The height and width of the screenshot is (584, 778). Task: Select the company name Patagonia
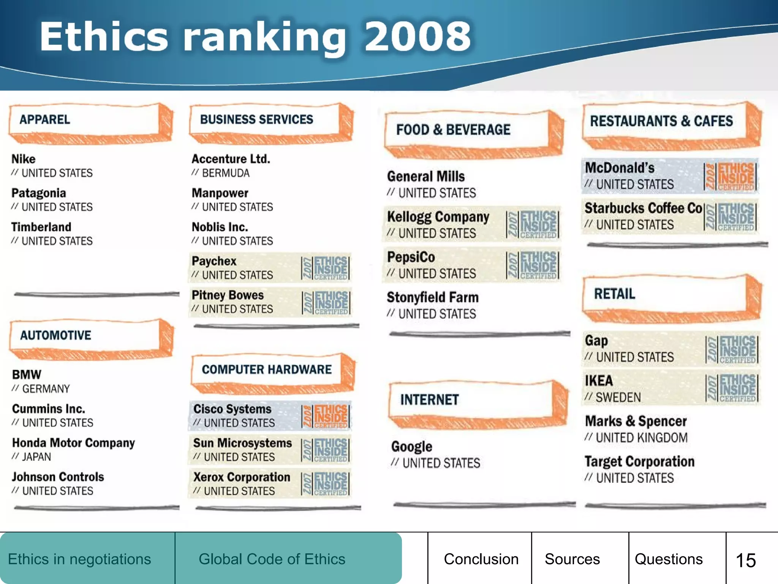click(39, 193)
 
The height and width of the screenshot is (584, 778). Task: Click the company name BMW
click(27, 375)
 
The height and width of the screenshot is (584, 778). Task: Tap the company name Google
click(412, 447)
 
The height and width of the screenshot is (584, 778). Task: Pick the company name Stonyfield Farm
click(433, 298)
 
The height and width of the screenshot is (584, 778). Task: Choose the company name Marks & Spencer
click(636, 421)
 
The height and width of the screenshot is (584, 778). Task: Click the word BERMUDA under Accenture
click(226, 173)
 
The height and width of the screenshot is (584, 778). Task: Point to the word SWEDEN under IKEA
click(618, 398)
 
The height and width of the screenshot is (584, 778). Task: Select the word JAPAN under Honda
click(36, 457)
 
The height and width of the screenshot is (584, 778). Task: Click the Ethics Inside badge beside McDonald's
click(730, 176)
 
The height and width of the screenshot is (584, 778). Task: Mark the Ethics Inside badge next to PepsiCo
click(533, 265)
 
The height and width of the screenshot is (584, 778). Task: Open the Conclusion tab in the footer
click(481, 559)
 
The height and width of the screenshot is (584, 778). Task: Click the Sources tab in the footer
click(572, 559)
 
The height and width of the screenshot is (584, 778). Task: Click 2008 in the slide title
click(418, 37)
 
